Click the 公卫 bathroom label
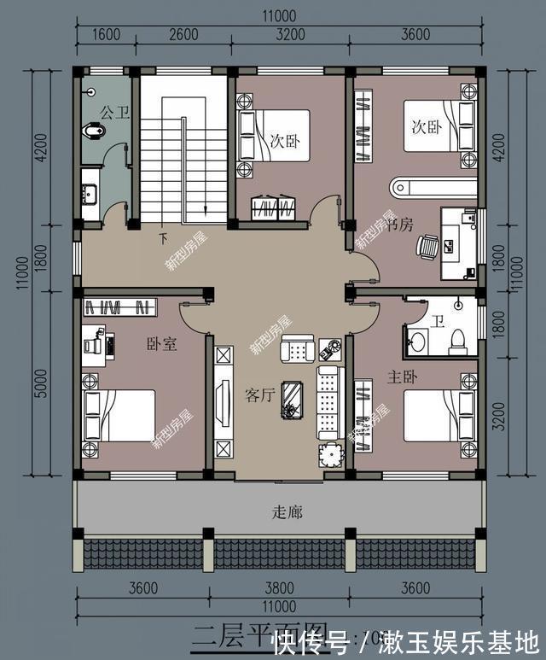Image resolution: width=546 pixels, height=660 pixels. click(114, 112)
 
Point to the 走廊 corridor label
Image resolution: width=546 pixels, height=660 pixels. click(288, 512)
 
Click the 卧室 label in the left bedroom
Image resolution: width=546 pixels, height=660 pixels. click(161, 344)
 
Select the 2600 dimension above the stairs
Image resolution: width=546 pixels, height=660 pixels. click(183, 34)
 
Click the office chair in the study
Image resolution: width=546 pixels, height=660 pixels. click(427, 247)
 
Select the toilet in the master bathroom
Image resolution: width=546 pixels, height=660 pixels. click(456, 339)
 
